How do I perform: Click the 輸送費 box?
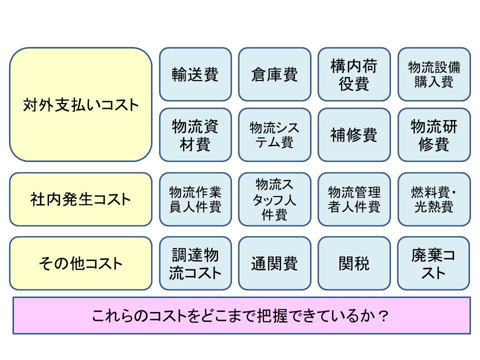pos(195,74)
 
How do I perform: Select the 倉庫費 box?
pos(274,74)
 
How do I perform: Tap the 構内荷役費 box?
pos(354,74)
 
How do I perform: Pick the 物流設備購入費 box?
pos(434,74)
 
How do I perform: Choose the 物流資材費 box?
pos(195,134)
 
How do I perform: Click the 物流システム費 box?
pos(274,134)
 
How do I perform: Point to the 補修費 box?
pos(354,134)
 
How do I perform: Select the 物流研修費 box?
pos(434,134)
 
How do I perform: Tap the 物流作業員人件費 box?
pos(195,199)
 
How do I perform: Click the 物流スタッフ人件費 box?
pos(274,199)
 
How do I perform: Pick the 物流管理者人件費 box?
pos(354,199)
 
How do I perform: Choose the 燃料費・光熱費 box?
pos(434,199)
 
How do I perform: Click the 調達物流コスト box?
pos(195,263)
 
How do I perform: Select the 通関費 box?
pos(274,263)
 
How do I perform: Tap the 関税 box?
pos(354,263)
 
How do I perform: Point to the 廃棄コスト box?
pos(434,263)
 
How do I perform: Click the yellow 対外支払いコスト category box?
pos(80,104)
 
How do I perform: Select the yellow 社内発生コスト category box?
pos(80,199)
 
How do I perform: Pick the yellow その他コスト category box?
pos(80,263)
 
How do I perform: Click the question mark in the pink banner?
pos(382,316)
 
